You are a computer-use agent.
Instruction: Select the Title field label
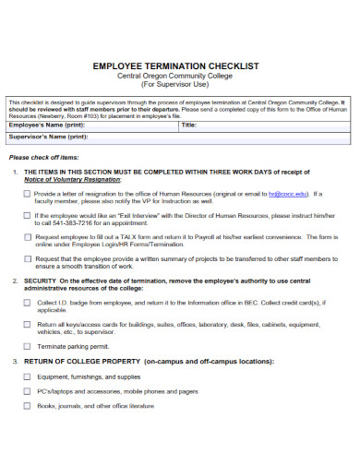(189, 125)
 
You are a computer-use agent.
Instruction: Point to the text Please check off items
(42, 157)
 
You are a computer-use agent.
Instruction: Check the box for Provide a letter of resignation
(27, 195)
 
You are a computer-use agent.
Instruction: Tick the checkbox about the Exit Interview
(27, 216)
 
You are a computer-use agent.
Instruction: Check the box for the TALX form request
(27, 237)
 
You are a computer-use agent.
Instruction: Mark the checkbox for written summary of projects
(27, 259)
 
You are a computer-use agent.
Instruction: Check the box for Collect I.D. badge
(27, 302)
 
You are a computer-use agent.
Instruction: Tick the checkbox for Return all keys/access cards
(27, 324)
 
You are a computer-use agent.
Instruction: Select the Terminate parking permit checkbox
(27, 345)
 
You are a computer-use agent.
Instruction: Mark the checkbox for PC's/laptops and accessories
(27, 391)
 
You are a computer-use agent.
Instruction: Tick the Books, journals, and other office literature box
(27, 405)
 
